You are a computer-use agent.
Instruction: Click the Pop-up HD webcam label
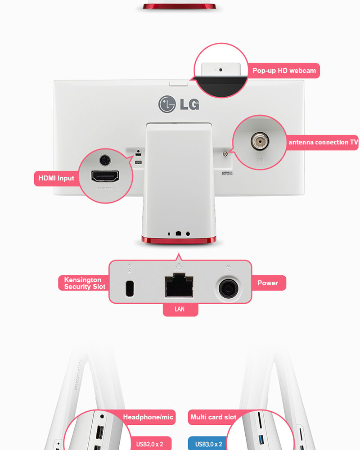tap(284, 71)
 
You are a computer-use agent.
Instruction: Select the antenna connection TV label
tap(323, 143)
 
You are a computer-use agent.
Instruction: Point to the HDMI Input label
tap(56, 178)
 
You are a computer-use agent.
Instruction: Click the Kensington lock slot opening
tap(130, 288)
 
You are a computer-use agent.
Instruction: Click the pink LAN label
tap(180, 310)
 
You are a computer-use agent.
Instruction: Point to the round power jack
tap(229, 287)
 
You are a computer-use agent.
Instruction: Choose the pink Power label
tap(267, 283)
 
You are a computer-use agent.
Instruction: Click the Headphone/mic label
tap(148, 417)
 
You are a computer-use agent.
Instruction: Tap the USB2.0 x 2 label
tap(149, 444)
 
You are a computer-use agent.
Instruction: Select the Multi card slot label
tap(213, 417)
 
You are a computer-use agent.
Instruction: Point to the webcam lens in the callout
tap(220, 70)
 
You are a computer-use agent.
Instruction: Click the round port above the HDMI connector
tap(104, 159)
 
